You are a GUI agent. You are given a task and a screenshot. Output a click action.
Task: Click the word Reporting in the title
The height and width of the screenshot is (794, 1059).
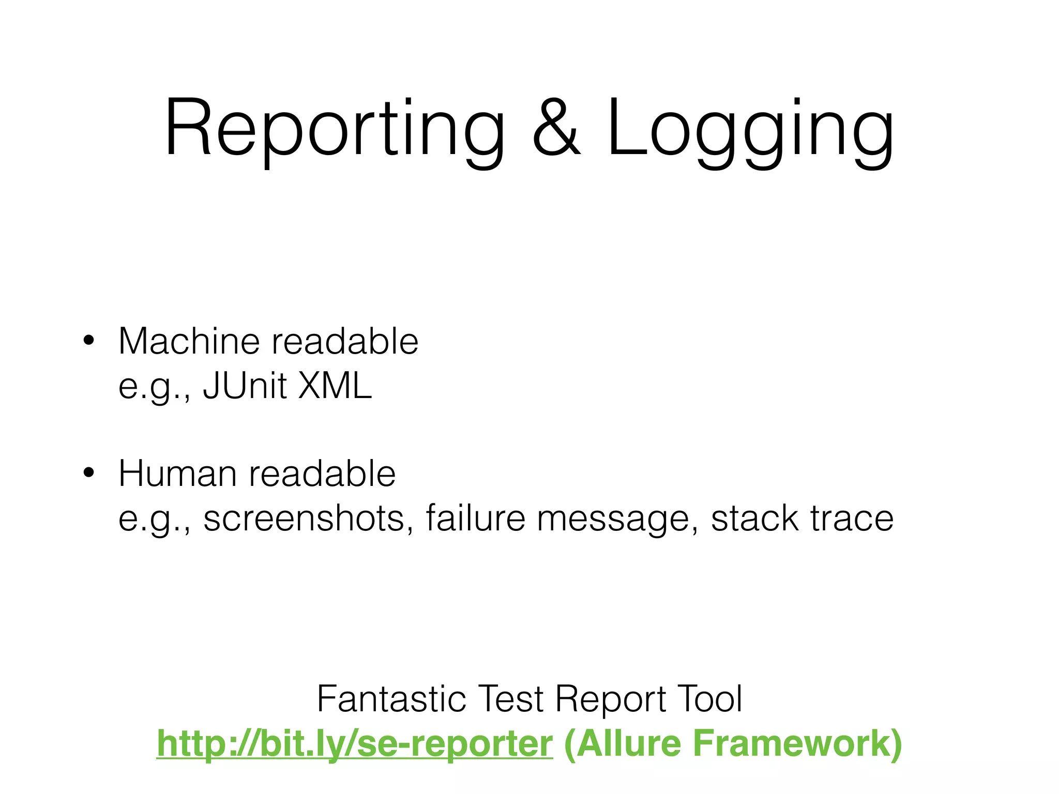pos(334,129)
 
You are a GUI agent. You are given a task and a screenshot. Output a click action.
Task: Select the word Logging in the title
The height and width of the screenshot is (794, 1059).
pos(750,129)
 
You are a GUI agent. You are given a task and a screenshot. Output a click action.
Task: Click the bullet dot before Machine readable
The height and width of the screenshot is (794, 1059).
pos(88,341)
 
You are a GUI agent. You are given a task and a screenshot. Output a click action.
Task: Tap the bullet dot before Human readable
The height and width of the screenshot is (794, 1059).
pos(88,473)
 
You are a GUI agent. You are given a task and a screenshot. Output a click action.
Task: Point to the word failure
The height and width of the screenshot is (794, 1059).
pos(475,518)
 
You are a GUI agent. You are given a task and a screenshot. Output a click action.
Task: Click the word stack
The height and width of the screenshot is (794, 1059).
pos(754,518)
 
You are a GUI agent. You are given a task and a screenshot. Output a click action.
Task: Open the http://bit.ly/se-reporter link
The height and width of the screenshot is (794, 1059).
pos(355,743)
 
